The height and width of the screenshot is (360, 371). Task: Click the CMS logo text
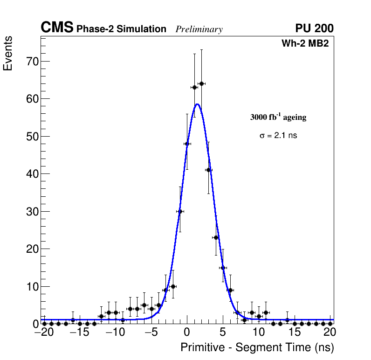(x=57, y=28)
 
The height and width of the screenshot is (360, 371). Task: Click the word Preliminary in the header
(x=199, y=29)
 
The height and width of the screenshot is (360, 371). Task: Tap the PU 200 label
(x=314, y=28)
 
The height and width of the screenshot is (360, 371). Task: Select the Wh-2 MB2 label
(x=308, y=44)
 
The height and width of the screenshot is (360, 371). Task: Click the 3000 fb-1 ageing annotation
(x=278, y=118)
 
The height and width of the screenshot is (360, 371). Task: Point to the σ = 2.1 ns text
(x=278, y=136)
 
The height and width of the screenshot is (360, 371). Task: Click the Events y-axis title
(x=8, y=54)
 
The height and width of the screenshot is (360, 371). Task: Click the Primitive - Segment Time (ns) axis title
(x=257, y=347)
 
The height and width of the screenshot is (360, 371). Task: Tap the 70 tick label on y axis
(x=32, y=62)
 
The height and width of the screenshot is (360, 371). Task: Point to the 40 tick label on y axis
(x=32, y=174)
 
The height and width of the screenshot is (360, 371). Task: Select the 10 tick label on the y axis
(x=32, y=286)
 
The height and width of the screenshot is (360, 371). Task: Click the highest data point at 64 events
(x=201, y=83)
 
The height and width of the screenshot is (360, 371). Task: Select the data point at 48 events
(x=187, y=144)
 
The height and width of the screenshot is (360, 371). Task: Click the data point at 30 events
(x=180, y=211)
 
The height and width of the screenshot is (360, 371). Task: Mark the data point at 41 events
(x=208, y=170)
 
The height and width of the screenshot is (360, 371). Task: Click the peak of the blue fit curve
(x=197, y=104)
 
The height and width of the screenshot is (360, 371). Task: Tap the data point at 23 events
(x=216, y=237)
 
